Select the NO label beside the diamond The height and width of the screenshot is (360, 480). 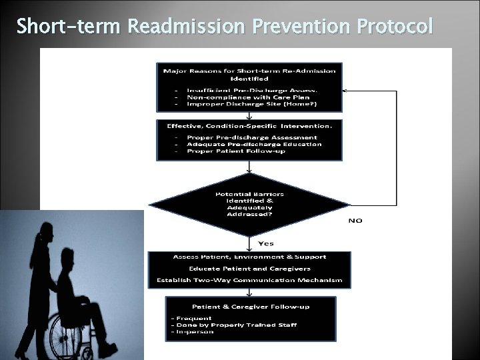(355, 220)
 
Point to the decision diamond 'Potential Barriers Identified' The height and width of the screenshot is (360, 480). (249, 205)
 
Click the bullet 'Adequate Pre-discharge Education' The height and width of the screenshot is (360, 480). (245, 144)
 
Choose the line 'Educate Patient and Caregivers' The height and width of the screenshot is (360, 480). (249, 268)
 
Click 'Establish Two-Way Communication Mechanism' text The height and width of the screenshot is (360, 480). (249, 280)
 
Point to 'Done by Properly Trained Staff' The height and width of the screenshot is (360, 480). (237, 325)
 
